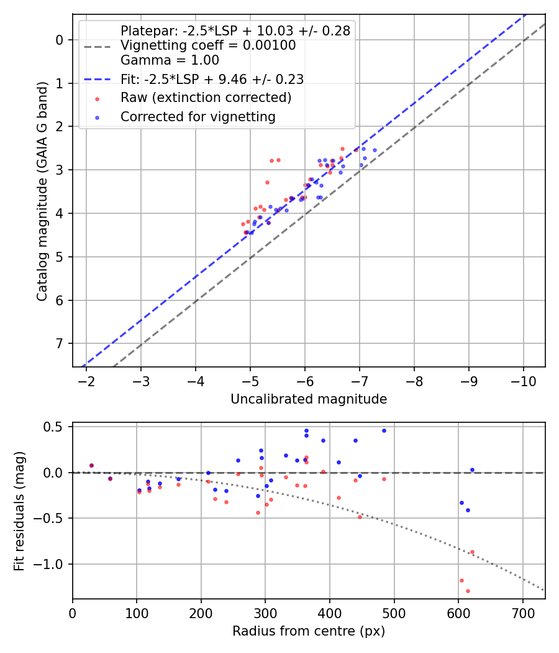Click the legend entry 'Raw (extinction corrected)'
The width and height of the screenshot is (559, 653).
(206, 98)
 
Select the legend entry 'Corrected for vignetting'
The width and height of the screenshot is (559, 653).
(198, 116)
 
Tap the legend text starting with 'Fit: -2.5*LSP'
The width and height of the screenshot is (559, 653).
(212, 79)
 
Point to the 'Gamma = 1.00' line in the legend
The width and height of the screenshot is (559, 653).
(170, 60)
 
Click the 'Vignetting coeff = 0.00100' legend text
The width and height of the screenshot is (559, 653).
(208, 45)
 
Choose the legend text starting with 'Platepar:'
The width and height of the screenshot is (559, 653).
(235, 30)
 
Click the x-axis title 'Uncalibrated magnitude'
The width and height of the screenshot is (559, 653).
(309, 399)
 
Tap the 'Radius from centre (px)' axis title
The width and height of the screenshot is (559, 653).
(309, 631)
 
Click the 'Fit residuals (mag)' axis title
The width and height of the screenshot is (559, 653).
(19, 511)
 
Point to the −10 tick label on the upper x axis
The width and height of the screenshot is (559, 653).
(523, 380)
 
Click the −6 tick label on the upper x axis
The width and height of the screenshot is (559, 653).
(305, 380)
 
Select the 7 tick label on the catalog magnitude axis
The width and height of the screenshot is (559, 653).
(60, 344)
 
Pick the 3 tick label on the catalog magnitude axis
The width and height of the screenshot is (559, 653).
(60, 170)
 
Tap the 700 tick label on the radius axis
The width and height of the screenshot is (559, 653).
(522, 612)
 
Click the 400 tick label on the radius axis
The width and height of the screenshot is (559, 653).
(330, 612)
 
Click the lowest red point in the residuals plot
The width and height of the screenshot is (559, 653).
(468, 591)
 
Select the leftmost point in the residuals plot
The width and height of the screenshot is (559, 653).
(91, 465)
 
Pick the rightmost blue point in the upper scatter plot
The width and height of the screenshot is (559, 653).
(375, 150)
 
